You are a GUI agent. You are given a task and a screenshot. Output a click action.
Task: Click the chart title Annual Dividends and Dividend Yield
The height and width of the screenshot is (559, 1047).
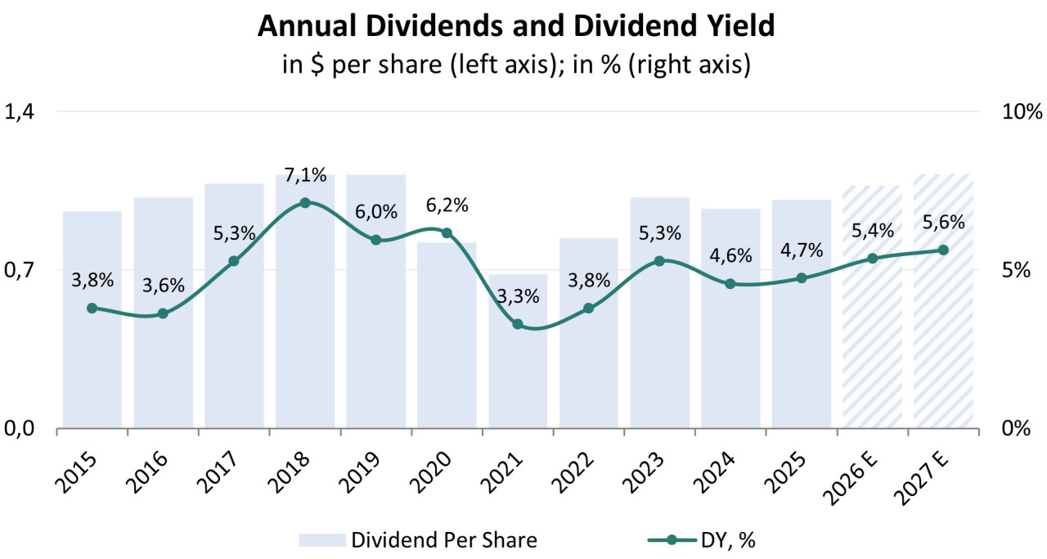coord(516,27)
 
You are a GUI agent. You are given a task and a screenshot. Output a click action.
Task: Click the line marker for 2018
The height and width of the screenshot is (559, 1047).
coord(305,202)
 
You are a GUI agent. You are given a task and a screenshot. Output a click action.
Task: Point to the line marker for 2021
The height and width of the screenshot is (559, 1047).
coord(517,324)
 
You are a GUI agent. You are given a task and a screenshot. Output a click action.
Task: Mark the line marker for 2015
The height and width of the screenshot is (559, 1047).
coord(92,308)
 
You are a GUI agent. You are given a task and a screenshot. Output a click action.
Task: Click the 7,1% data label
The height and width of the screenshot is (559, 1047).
coord(305,174)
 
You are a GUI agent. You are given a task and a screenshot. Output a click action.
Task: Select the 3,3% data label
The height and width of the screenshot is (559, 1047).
coord(517,296)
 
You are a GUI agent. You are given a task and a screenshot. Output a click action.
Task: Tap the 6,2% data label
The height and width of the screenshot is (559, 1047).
coord(447,205)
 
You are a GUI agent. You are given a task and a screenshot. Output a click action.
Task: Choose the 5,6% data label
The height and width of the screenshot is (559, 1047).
coord(942,222)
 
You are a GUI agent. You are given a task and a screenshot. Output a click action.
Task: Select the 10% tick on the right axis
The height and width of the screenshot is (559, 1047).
coord(1022,112)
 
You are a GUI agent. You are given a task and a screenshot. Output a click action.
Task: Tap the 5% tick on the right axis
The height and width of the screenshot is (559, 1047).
coord(1017,269)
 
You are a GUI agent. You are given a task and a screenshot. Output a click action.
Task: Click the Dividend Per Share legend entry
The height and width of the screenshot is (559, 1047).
coord(443,539)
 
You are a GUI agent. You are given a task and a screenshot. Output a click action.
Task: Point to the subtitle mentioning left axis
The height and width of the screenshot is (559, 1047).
coord(516,64)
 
